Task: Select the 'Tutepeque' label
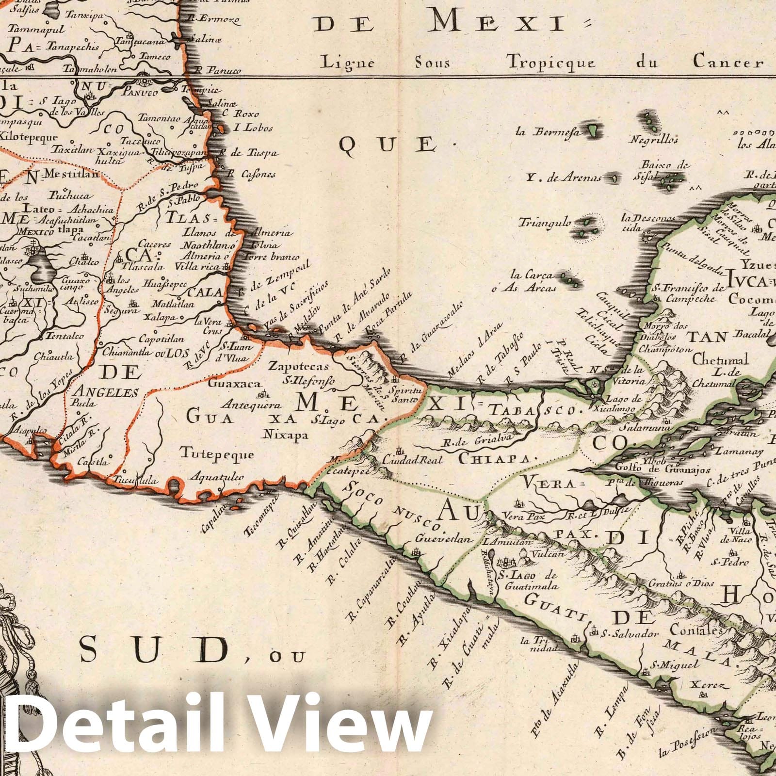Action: click(x=217, y=454)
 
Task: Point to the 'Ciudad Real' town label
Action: click(x=412, y=459)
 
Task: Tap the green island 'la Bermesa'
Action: click(x=592, y=129)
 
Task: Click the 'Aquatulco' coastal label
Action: click(x=216, y=477)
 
